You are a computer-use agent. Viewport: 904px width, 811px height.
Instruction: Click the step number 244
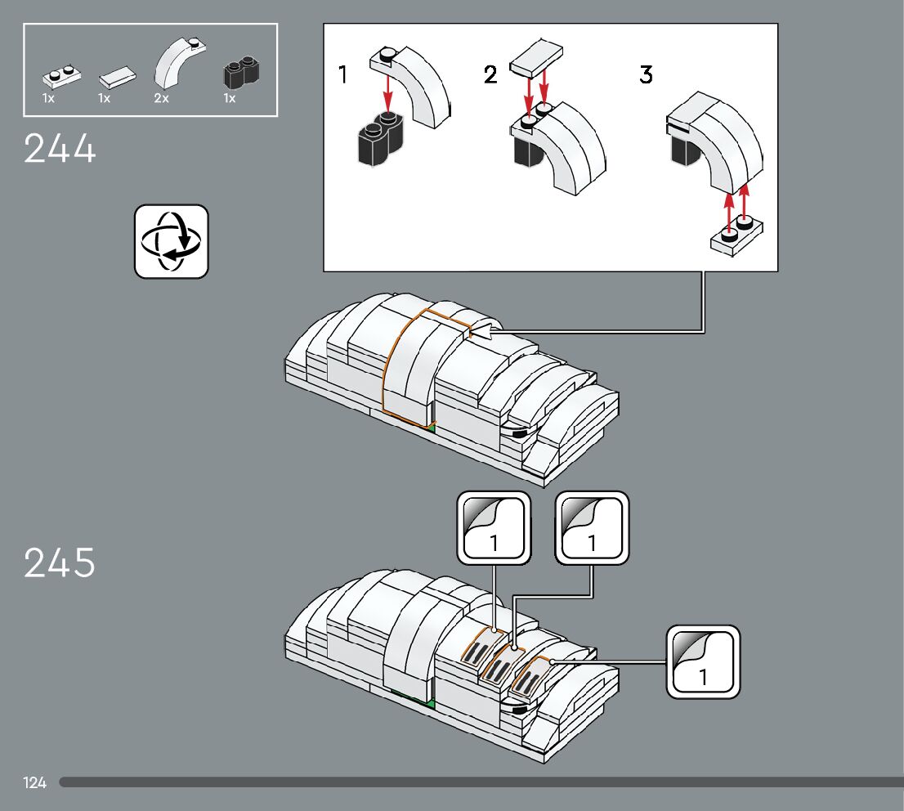[x=60, y=149]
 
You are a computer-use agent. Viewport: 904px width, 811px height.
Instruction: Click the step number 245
[x=60, y=563]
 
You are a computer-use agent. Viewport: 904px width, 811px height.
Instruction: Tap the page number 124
[x=35, y=783]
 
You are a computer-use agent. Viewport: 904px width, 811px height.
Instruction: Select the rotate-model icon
[x=172, y=242]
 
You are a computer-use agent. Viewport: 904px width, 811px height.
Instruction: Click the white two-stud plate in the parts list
[x=61, y=78]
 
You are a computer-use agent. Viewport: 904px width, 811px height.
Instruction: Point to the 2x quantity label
[x=161, y=98]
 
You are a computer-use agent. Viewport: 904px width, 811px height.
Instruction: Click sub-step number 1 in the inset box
[x=343, y=75]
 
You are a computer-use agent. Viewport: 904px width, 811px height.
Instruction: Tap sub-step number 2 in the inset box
[x=490, y=75]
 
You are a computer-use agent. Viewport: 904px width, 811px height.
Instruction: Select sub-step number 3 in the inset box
[x=646, y=75]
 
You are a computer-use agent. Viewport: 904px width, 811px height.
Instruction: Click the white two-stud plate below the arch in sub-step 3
[x=737, y=235]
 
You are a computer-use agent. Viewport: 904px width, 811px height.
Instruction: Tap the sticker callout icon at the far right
[x=703, y=661]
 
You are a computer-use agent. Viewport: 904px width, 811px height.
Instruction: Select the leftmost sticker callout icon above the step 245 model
[x=494, y=527]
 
